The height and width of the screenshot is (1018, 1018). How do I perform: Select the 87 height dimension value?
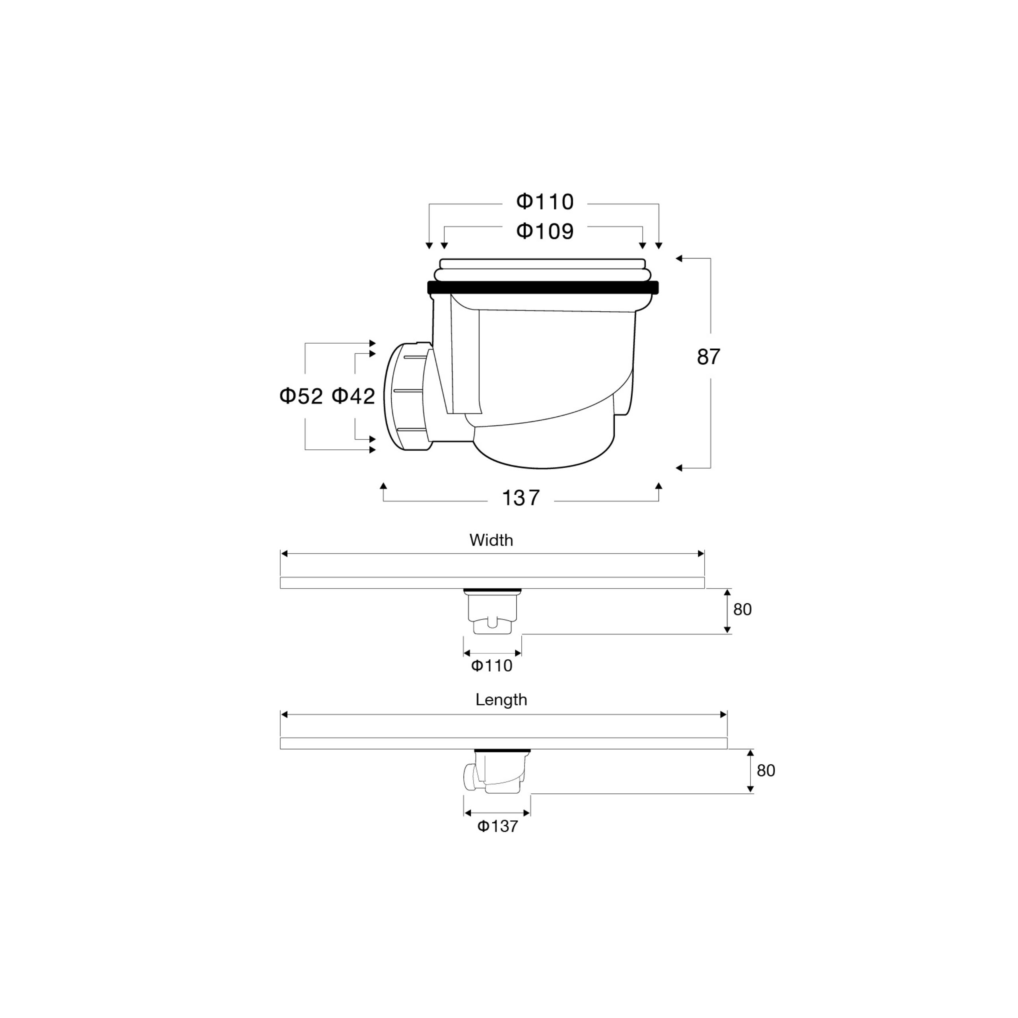click(x=708, y=357)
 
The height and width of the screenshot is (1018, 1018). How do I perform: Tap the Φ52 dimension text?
click(x=301, y=396)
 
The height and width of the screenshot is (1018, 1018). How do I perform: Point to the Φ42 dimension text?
click(x=353, y=396)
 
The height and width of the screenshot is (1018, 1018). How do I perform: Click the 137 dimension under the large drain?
click(x=521, y=498)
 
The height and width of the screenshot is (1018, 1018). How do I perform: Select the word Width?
click(x=491, y=540)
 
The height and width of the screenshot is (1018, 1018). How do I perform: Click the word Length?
click(x=501, y=700)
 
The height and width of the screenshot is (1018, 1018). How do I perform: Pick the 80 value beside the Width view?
click(x=742, y=610)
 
